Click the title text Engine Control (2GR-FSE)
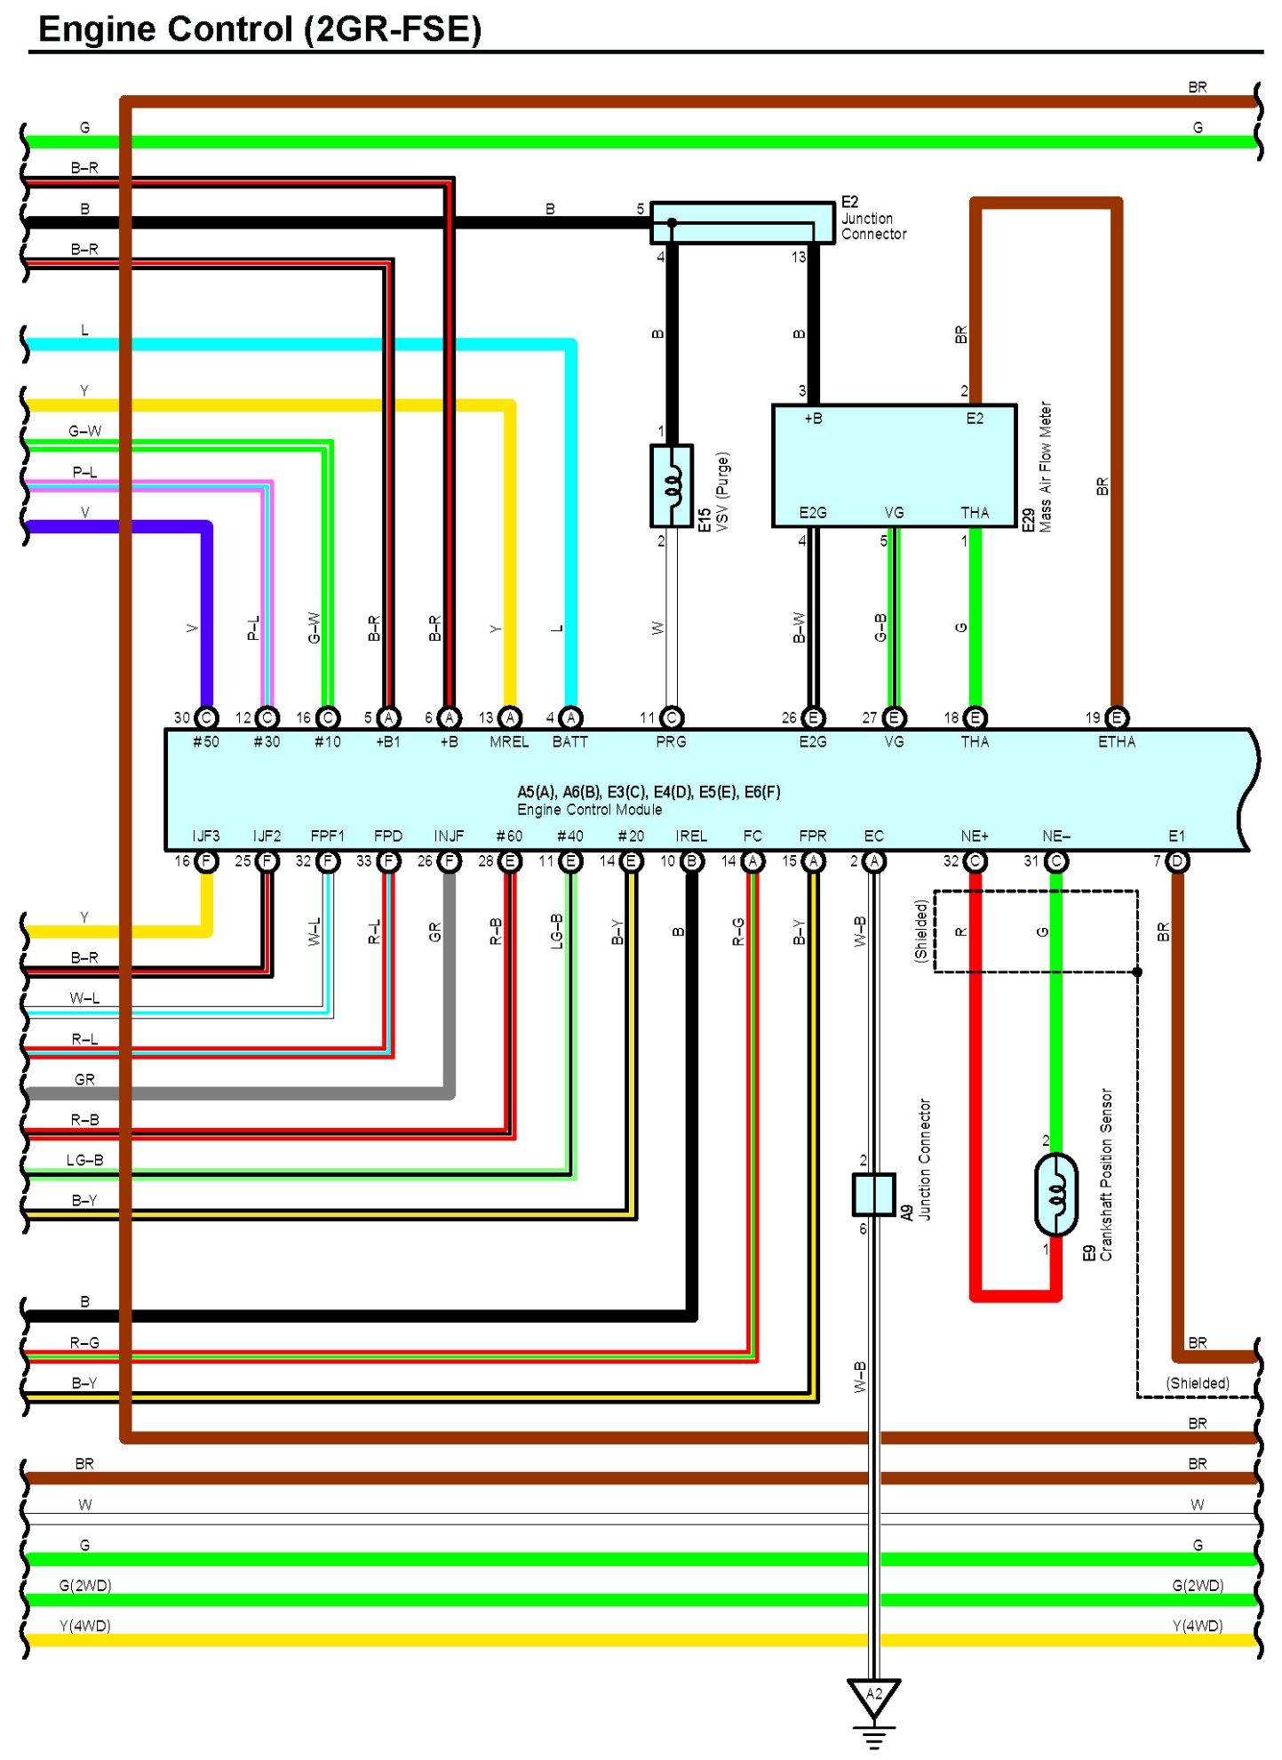[259, 28]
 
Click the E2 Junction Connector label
[873, 218]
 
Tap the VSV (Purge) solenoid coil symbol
[672, 485]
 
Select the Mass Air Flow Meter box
[894, 466]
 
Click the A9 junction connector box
[873, 1194]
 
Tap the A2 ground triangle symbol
[873, 1695]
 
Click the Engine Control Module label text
[589, 810]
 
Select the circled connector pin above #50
[206, 717]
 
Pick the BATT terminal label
[569, 741]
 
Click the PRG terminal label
[671, 741]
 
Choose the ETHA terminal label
[1116, 741]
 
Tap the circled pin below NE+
[975, 860]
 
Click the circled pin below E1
[1176, 860]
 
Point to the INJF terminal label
[449, 836]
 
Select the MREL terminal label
[509, 741]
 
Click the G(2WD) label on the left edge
[85, 1585]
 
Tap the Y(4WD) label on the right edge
[1198, 1626]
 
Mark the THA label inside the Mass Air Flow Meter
[975, 512]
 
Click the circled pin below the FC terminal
[752, 860]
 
